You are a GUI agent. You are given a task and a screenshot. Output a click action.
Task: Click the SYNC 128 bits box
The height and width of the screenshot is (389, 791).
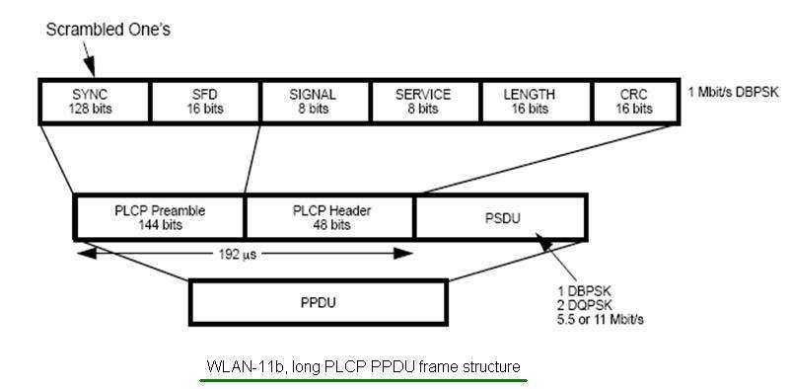pyautogui.click(x=94, y=101)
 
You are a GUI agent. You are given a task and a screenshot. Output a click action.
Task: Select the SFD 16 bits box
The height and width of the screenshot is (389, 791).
pyautogui.click(x=204, y=101)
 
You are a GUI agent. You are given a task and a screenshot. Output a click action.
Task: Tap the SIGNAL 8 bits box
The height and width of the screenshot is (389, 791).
pyautogui.click(x=314, y=101)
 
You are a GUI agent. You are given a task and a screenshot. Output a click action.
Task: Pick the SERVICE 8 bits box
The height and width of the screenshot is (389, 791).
pyautogui.click(x=423, y=101)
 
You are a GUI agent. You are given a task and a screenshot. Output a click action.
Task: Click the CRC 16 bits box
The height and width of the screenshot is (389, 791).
pyautogui.click(x=636, y=101)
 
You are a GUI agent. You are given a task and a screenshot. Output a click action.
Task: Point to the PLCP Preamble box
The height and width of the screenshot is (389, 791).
pyautogui.click(x=159, y=216)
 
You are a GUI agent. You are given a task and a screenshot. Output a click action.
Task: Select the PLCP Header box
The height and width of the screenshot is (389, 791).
pyautogui.click(x=330, y=216)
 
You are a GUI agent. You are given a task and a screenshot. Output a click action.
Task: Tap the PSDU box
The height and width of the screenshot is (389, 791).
pyautogui.click(x=500, y=216)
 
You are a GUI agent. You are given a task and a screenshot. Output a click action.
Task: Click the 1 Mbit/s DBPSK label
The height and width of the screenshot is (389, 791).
pyautogui.click(x=734, y=91)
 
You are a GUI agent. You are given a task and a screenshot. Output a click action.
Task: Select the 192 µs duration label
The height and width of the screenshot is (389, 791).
pyautogui.click(x=244, y=253)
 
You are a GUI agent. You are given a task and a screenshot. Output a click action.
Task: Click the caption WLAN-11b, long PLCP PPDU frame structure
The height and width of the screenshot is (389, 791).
pyautogui.click(x=363, y=366)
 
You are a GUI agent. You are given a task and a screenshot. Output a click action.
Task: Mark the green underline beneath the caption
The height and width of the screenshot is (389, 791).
pyautogui.click(x=363, y=379)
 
